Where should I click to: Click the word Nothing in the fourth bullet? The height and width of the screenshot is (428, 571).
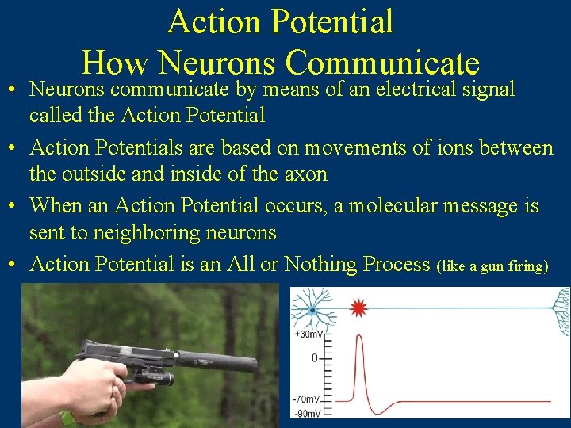pos(320,264)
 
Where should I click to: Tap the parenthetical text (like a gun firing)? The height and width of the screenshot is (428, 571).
pos(492,266)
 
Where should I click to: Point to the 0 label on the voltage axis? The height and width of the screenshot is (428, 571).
pos(314,358)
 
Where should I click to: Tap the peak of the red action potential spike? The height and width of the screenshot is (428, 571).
pos(361,338)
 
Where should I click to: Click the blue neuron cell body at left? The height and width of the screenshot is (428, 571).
pos(311,311)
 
